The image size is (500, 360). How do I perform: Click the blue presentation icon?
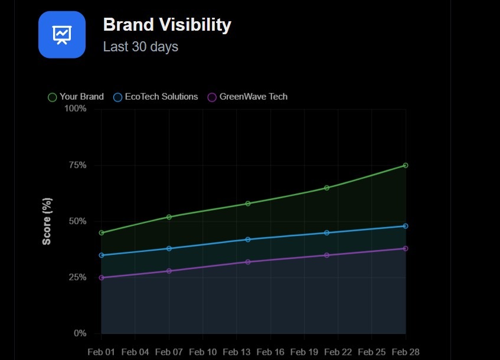coord(62,35)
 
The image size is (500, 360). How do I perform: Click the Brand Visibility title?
coord(167,25)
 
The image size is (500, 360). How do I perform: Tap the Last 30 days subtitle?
coord(140,46)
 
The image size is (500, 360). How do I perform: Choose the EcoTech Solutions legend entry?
coord(155,97)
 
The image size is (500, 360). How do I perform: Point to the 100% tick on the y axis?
coord(75,109)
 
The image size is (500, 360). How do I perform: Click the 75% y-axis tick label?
coord(77,165)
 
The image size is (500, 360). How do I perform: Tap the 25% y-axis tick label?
coord(77,277)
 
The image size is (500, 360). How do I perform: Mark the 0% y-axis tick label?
coord(80,333)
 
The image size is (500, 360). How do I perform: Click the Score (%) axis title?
coord(47,221)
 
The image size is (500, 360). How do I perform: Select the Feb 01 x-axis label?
coord(101,352)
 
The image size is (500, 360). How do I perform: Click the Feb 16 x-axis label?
coord(271,352)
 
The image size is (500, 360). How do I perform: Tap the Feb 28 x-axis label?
coord(406,352)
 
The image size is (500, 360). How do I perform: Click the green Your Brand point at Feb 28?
coord(406,165)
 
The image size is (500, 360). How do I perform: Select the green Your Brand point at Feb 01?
coord(102,233)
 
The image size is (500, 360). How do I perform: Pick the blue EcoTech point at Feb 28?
coord(406,226)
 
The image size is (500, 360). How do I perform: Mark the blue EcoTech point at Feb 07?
coord(169,248)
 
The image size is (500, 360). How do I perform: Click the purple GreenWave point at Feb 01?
coord(102,277)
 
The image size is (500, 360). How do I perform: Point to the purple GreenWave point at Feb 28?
coord(406,248)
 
